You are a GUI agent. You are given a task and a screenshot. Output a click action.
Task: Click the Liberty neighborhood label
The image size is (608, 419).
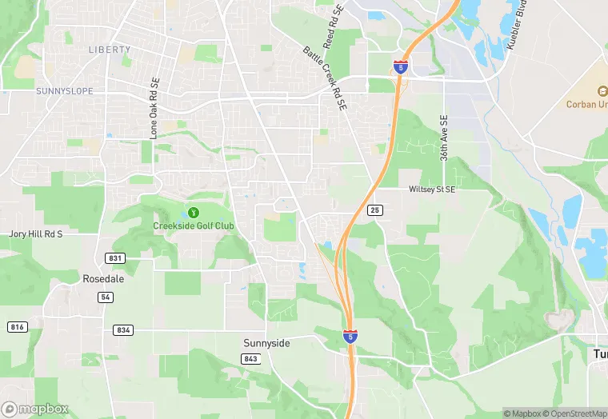pyautogui.click(x=109, y=50)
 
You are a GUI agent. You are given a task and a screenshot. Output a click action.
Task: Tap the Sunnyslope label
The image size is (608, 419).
pyautogui.click(x=64, y=91)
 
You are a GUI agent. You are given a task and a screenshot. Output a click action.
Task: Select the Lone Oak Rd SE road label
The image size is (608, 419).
pyautogui.click(x=154, y=109)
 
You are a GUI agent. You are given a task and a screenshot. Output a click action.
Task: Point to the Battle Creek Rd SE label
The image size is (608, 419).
pyautogui.click(x=326, y=78)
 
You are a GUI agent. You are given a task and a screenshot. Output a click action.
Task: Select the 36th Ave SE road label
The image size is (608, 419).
pyautogui.click(x=444, y=138)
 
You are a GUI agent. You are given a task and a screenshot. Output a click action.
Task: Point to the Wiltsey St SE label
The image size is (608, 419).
pyautogui.click(x=431, y=190)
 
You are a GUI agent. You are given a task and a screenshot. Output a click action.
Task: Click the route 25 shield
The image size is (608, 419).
pyautogui.click(x=375, y=210)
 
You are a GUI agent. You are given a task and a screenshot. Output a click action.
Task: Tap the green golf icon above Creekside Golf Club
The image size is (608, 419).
pyautogui.click(x=193, y=212)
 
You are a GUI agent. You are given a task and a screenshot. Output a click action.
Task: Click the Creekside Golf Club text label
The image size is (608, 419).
pyautogui.click(x=194, y=226)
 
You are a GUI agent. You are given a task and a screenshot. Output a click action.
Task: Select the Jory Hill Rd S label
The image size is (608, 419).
pyautogui.click(x=35, y=234)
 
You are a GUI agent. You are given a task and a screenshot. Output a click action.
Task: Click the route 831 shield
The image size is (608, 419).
pyautogui.click(x=115, y=257)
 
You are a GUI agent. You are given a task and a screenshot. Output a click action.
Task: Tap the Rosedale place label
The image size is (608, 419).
pyautogui.click(x=103, y=279)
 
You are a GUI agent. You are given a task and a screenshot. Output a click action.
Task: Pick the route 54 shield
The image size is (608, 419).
pyautogui.click(x=106, y=297)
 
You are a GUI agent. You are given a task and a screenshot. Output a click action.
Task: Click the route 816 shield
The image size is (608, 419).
pyautogui.click(x=16, y=327)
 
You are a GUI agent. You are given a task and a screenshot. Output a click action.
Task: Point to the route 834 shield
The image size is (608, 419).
pyautogui.click(x=123, y=329)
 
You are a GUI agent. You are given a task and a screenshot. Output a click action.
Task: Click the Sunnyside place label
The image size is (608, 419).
pyautogui.click(x=266, y=342)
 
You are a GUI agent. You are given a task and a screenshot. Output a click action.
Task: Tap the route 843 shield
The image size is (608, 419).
pyautogui.click(x=250, y=358)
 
